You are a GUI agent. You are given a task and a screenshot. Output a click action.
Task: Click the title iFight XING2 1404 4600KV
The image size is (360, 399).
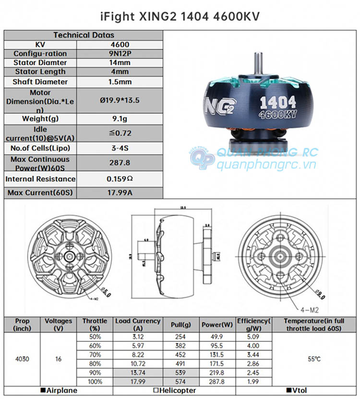pyautogui.click(x=180, y=16)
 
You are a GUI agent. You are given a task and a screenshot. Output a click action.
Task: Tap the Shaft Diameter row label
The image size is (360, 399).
pyautogui.click(x=40, y=82)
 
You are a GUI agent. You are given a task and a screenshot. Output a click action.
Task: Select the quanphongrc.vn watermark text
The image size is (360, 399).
pyautogui.click(x=267, y=165)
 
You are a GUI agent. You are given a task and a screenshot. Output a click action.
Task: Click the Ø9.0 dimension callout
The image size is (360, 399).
pyautogui.click(x=318, y=292)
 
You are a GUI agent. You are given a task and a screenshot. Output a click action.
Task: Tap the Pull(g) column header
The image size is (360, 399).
pyautogui.click(x=180, y=325)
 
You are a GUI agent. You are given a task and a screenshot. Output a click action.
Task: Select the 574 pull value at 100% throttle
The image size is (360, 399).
pyautogui.click(x=180, y=382)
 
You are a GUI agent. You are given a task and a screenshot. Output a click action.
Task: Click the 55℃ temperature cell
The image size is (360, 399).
pyautogui.click(x=314, y=359)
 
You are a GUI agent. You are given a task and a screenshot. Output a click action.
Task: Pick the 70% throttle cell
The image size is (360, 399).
pyautogui.click(x=95, y=354)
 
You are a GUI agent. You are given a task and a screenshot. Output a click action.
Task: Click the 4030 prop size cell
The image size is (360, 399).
pyautogui.click(x=22, y=359)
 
